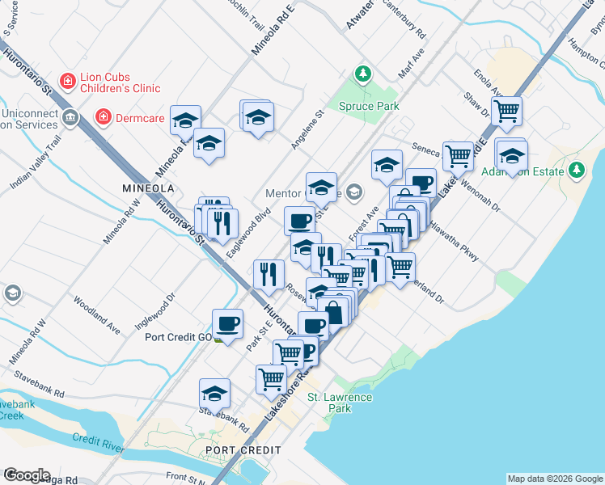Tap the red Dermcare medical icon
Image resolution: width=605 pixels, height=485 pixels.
coord(103,118)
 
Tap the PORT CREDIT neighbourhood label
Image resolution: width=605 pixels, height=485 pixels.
coord(243,450)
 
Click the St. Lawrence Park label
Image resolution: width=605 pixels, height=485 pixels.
coord(340,403)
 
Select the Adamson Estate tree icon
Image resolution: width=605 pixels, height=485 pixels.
coord(576,170)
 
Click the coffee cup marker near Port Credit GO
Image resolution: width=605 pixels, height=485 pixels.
coord(227,323)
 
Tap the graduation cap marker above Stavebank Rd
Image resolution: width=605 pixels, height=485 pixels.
coord(214,393)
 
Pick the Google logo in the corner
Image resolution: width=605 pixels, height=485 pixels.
coord(27,475)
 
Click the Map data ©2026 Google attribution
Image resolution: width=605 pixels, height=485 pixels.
coord(554,479)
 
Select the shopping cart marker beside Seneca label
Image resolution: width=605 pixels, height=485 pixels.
coord(458,154)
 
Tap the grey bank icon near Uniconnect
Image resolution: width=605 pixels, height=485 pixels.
coord(70,118)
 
